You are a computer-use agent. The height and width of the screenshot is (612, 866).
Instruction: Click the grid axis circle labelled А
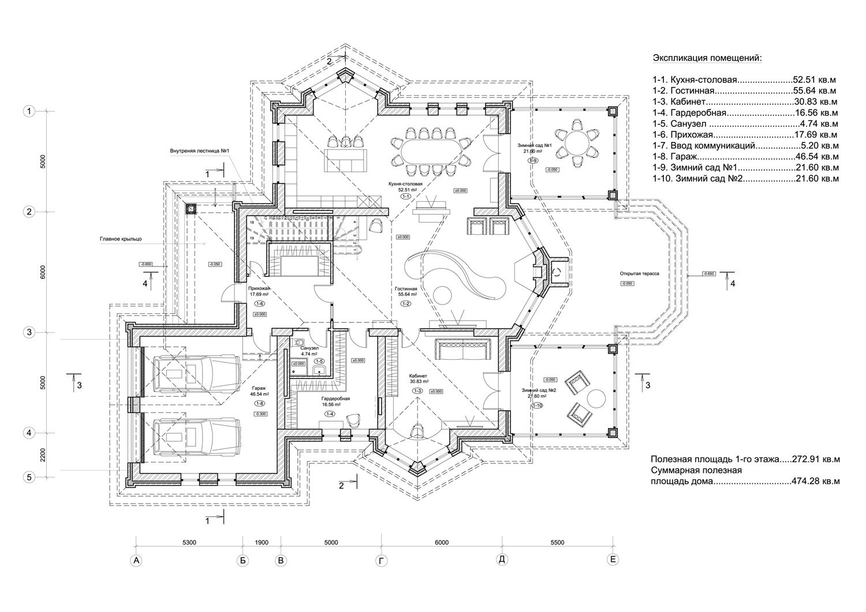136,560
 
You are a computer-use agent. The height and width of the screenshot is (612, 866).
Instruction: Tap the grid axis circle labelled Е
613,560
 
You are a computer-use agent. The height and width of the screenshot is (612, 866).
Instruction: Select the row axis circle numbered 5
29,477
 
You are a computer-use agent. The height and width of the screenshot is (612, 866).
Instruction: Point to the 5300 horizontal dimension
189,542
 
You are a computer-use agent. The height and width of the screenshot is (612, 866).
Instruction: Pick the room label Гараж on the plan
259,388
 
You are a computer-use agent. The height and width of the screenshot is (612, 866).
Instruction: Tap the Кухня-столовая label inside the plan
406,183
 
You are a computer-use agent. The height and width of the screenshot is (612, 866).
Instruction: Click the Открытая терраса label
639,275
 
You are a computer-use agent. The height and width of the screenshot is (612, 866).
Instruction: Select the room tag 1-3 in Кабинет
417,391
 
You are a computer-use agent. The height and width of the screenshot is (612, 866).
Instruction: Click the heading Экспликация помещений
707,58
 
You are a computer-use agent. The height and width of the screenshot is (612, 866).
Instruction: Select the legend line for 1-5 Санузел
745,123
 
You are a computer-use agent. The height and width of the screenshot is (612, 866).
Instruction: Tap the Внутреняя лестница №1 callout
200,152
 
